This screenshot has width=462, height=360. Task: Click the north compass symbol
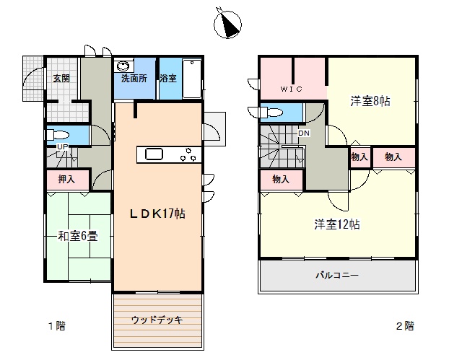[227, 24]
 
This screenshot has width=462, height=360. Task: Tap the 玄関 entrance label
[61, 79]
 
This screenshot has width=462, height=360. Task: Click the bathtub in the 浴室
[192, 79]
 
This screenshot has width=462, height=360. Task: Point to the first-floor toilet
[58, 135]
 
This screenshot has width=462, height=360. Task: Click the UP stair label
[63, 146]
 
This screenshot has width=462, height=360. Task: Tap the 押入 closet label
[66, 179]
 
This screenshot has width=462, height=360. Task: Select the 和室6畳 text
[78, 236]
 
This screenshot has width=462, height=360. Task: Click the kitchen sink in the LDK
[154, 154]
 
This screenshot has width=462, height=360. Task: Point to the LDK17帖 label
[157, 214]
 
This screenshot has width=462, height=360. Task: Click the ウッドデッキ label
[157, 320]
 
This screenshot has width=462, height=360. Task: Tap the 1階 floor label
[57, 326]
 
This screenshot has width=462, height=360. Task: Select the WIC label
[291, 89]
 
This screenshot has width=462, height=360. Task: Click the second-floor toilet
[272, 112]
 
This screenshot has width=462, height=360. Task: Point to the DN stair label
[304, 133]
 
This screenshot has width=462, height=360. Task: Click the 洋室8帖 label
[370, 101]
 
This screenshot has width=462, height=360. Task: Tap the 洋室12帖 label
[337, 224]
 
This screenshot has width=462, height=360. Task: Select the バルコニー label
[337, 276]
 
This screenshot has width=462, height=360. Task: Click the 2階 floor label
[405, 326]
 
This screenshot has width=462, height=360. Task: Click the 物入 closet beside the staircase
[281, 179]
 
